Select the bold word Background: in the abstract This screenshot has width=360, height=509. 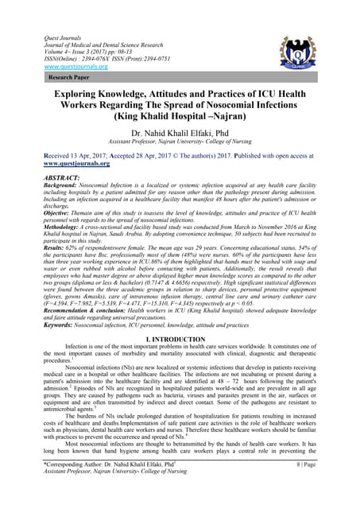pos(48,188)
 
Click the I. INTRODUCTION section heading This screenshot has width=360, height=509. pos(180,337)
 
